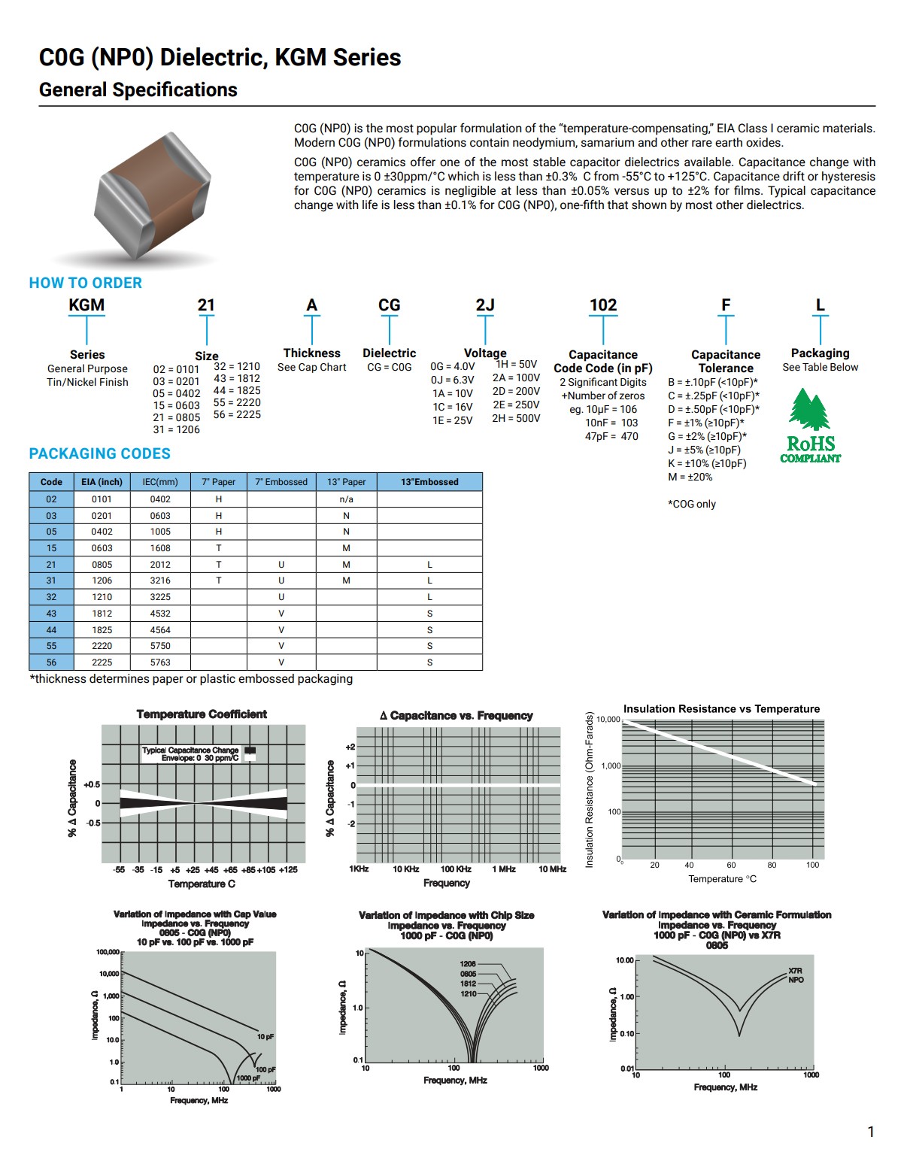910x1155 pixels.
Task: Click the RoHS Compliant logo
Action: [810, 426]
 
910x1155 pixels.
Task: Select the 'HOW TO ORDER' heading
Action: [86, 283]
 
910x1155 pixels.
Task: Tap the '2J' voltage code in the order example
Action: [485, 305]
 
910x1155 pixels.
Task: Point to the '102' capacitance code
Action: [603, 305]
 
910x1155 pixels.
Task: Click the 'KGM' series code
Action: [86, 305]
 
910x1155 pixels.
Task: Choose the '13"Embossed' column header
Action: [429, 482]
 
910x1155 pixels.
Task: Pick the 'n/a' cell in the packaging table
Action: [346, 499]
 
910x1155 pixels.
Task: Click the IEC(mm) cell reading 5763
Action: [160, 662]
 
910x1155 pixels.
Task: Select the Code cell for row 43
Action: [51, 614]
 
